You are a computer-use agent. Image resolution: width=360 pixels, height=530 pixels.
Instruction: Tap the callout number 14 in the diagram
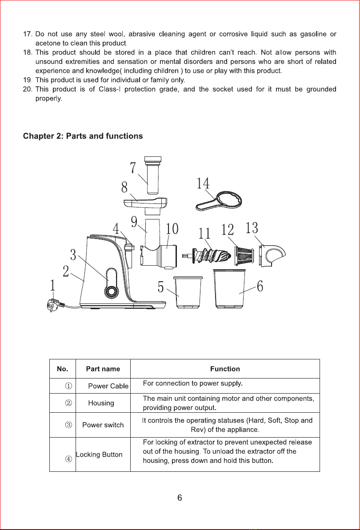pyautogui.click(x=203, y=183)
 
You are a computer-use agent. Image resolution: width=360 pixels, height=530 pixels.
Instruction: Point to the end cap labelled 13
pyautogui.click(x=272, y=255)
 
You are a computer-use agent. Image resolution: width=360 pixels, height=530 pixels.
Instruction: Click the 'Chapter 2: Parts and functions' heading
pyautogui.click(x=83, y=136)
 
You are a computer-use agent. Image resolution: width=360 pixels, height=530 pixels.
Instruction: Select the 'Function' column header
pyautogui.click(x=225, y=369)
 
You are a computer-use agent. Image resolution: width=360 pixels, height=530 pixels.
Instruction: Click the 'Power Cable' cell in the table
pyautogui.click(x=108, y=386)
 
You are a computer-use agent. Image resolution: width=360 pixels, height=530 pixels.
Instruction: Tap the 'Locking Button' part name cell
pyautogui.click(x=99, y=454)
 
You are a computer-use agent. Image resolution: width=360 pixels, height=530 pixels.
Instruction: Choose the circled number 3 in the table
pyautogui.click(x=68, y=425)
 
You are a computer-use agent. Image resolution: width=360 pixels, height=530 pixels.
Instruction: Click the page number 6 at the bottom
pyautogui.click(x=180, y=498)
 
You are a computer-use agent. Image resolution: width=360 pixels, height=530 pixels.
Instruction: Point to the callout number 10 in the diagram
pyautogui.click(x=172, y=228)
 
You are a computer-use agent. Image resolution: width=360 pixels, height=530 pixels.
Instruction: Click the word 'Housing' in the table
pyautogui.click(x=101, y=403)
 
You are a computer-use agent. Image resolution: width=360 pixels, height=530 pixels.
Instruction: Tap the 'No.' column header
pyautogui.click(x=63, y=369)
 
